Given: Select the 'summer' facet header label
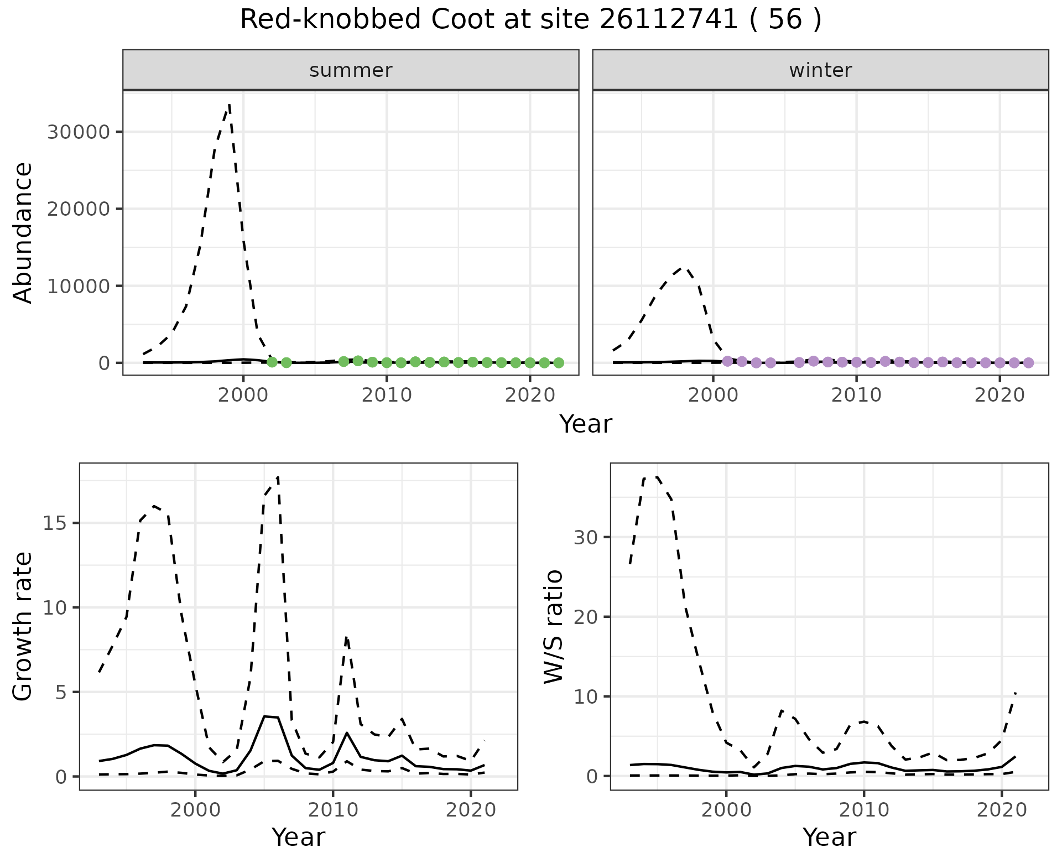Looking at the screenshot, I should coord(351,70).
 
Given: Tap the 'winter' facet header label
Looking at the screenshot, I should coord(820,70).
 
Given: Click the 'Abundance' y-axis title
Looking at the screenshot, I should coord(23,232).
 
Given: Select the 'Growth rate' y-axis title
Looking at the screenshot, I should coord(23,626).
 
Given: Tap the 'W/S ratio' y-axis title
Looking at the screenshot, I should coord(554,626).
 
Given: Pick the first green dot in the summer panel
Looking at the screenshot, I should coord(272,362).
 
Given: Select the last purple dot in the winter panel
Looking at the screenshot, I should coord(1028,363).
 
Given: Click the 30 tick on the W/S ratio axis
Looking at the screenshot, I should coord(588,537).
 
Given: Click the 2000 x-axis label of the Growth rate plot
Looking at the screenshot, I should coord(195,810).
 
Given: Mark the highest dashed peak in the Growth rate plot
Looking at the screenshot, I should coord(278,477).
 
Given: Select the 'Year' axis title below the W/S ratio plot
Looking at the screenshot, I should coord(829,837).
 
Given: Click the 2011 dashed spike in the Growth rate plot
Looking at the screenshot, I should coord(346,638).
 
